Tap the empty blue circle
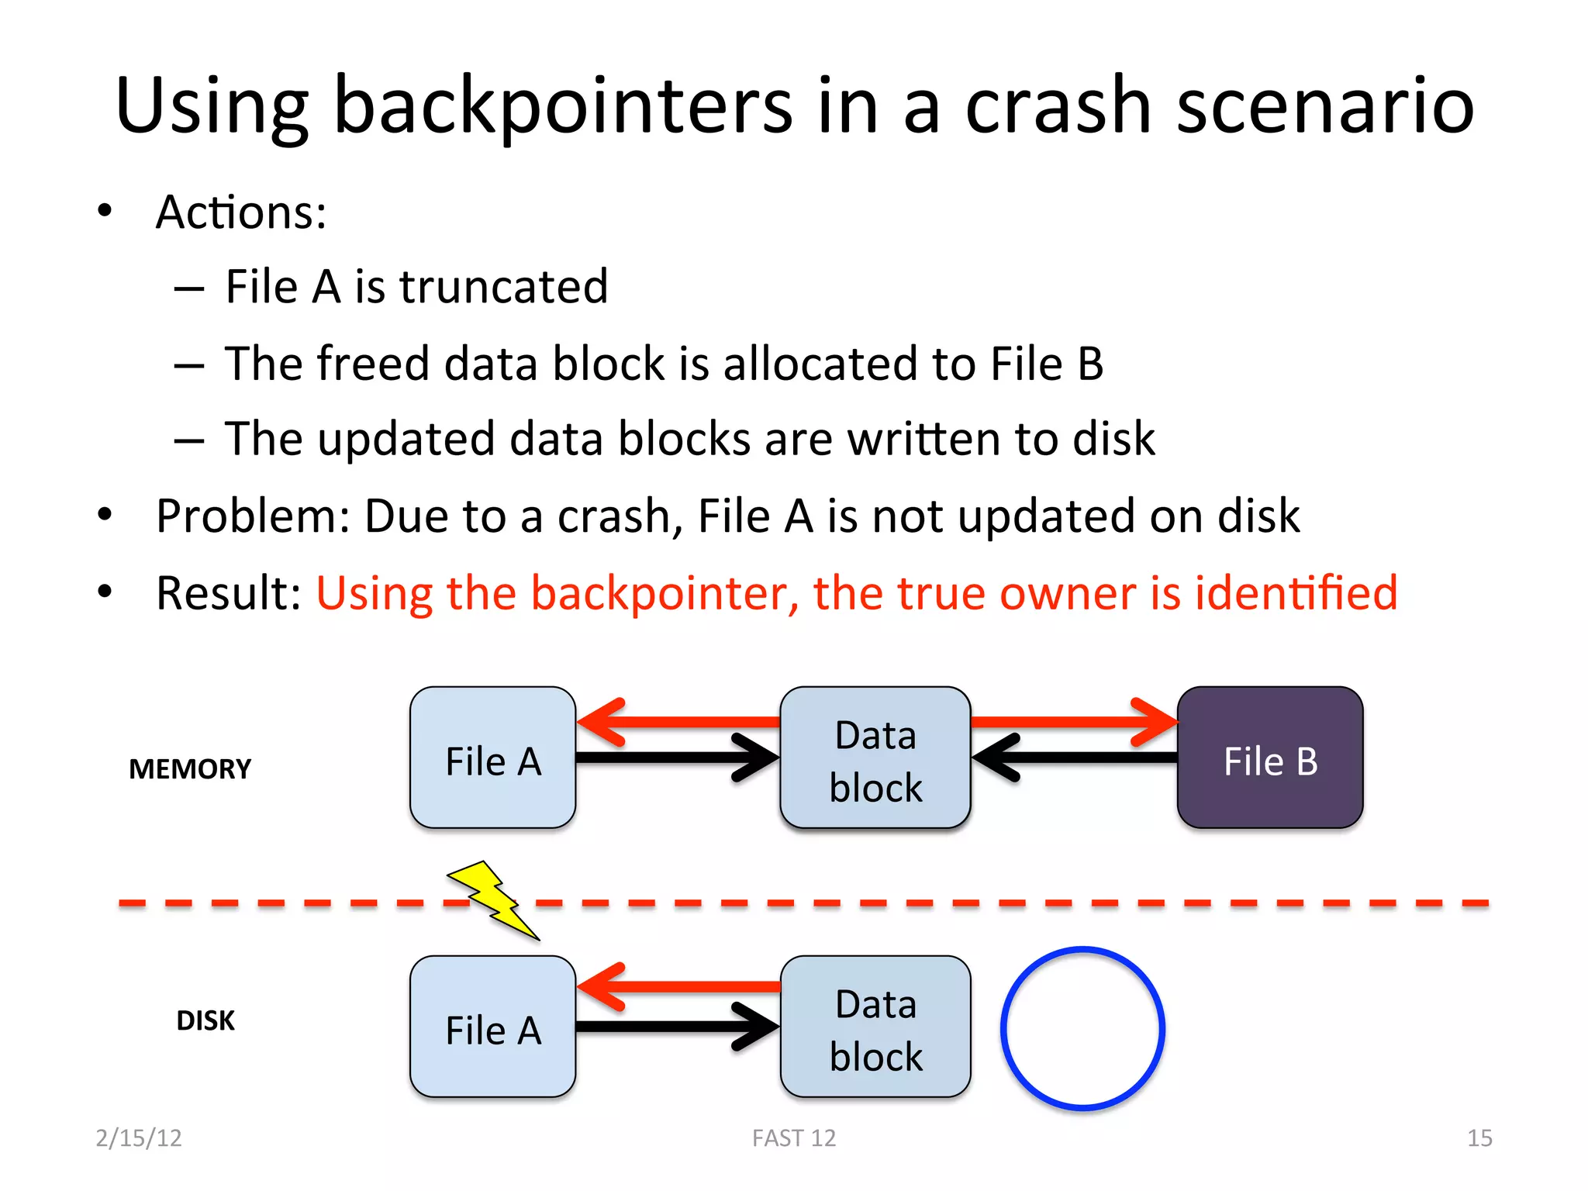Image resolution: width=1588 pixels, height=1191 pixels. pyautogui.click(x=1082, y=1028)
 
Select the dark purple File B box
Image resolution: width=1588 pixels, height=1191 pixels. pyautogui.click(x=1269, y=758)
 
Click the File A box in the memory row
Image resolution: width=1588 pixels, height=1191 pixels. pyautogui.click(x=492, y=758)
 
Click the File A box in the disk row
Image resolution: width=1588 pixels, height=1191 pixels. pyautogui.click(x=492, y=1027)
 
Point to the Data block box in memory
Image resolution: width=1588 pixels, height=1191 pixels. pyautogui.click(x=875, y=758)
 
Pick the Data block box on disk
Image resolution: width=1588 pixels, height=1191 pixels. pyautogui.click(x=875, y=1027)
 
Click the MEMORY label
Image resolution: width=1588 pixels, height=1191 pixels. pyautogui.click(x=190, y=769)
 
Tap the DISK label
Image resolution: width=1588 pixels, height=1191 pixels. pyautogui.click(x=205, y=1020)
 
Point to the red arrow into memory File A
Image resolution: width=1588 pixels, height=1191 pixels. pyautogui.click(x=678, y=722)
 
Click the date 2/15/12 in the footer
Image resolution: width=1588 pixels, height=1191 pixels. pyautogui.click(x=139, y=1137)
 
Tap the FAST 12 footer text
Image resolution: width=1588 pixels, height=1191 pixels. pyautogui.click(x=794, y=1137)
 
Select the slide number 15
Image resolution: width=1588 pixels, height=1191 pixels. pyautogui.click(x=1479, y=1137)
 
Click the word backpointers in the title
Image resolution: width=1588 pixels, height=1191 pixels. pyautogui.click(x=563, y=106)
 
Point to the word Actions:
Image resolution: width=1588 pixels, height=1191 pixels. pyautogui.click(x=241, y=212)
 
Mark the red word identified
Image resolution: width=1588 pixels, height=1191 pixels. pyautogui.click(x=1296, y=593)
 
